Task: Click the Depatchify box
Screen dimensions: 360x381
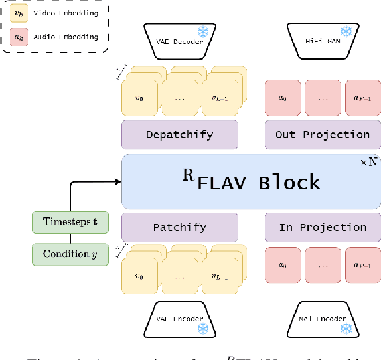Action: (179, 134)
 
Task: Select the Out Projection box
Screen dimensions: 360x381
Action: (322, 134)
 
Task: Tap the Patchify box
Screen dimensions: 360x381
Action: (179, 227)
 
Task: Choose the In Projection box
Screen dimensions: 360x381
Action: (322, 227)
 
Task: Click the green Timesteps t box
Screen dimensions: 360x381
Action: (70, 222)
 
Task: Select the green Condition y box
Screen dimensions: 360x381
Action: (70, 254)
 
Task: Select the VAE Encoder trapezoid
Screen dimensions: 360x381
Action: (179, 319)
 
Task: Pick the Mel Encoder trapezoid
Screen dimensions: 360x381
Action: (322, 319)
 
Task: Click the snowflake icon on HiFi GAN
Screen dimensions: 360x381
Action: (345, 31)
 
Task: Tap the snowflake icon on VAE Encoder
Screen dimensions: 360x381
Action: (203, 328)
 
